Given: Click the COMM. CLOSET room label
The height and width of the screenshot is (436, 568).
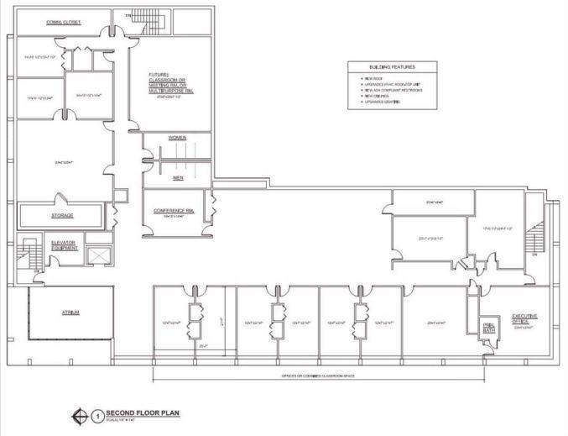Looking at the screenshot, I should coord(63,23).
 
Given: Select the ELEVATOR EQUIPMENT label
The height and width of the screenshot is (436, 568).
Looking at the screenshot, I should coord(64,245).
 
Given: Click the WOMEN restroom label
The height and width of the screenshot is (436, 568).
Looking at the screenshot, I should coord(176,137).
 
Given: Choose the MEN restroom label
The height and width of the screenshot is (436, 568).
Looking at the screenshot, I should coord(176,177).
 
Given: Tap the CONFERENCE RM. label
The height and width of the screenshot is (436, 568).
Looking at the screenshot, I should coord(174,211).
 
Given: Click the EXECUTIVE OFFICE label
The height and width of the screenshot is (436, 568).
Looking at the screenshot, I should coord(525,318).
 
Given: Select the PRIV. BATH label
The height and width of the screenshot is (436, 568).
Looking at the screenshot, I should coord(489,328).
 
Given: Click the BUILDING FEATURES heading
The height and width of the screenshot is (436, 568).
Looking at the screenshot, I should coord(392,66).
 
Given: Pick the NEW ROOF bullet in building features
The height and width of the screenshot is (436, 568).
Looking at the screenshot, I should coord(373,76).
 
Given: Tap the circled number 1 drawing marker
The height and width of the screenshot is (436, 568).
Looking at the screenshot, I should coord(98,415).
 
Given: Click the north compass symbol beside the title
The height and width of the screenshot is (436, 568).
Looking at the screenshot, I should coord(81,415).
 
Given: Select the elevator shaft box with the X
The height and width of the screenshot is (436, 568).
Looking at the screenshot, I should coord(100,255).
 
